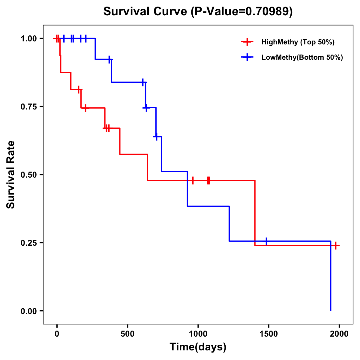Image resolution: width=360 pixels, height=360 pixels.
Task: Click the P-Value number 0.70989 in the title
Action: (268, 12)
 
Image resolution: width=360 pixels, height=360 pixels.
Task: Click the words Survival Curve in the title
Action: (146, 12)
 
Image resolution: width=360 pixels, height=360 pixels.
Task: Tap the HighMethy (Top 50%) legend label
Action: (298, 42)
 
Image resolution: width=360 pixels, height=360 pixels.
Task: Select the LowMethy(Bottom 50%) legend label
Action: (302, 58)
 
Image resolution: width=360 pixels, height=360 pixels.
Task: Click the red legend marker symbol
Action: (247, 42)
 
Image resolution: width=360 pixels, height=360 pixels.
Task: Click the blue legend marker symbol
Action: (247, 58)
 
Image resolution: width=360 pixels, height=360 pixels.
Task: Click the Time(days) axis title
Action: (198, 347)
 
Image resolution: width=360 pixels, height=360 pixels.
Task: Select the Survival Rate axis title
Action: (11, 175)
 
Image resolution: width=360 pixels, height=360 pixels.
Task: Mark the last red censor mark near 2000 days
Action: (336, 246)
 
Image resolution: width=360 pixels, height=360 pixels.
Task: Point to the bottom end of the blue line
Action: (331, 310)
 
